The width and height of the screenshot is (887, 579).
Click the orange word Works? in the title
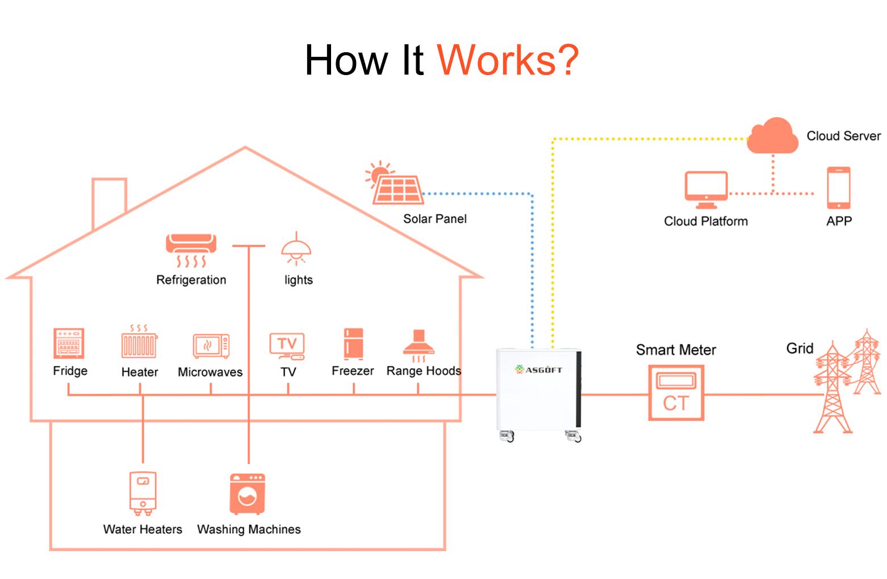point(508,60)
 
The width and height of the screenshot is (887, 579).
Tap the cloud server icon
point(772,136)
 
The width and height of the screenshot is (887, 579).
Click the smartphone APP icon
point(839,188)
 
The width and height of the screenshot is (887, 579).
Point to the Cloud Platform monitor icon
point(706,190)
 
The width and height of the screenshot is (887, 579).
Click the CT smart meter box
point(676,393)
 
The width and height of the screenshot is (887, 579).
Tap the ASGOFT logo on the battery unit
point(538,370)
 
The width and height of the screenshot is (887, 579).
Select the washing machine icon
point(248,494)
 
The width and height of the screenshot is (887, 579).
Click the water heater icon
point(143,493)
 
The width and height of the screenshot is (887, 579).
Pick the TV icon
point(287,346)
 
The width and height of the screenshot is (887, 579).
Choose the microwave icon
point(211,346)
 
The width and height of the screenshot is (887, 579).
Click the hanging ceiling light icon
point(296,248)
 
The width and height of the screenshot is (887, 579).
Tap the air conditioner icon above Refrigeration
point(191,250)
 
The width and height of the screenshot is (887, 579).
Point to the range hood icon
point(419,345)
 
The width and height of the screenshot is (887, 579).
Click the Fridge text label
point(70,371)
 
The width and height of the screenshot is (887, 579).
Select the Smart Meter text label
point(676,350)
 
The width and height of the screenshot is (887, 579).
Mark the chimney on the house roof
point(109,202)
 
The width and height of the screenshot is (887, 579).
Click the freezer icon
point(354,344)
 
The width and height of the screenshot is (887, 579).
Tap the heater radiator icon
point(139,341)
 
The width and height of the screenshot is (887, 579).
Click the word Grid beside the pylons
point(800,349)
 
